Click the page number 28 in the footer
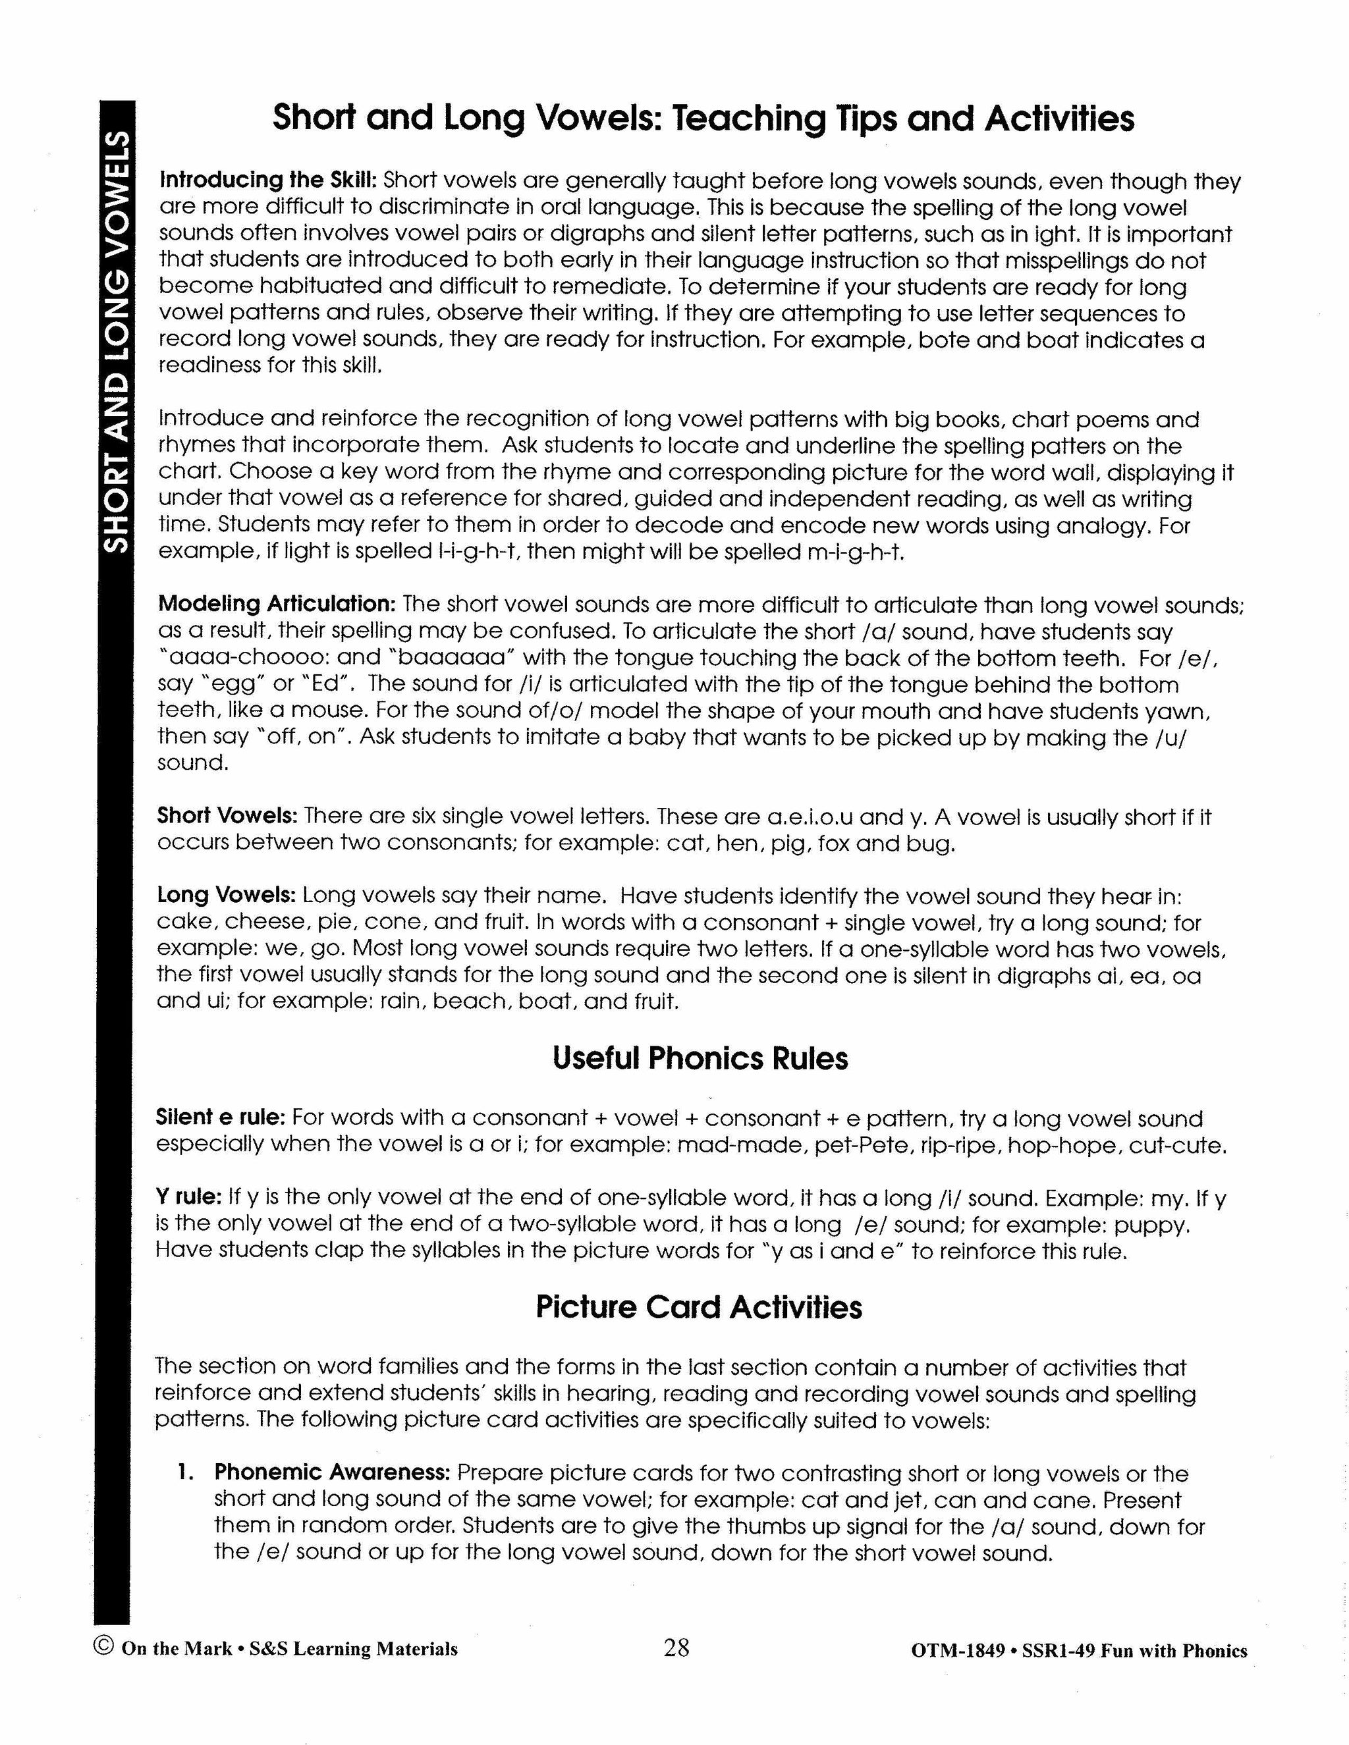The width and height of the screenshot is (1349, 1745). pos(675,1648)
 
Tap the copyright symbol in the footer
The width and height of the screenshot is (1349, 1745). pos(104,1648)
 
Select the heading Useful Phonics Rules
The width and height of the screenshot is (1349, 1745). pos(700,1059)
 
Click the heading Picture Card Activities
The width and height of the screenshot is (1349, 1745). pos(698,1308)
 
